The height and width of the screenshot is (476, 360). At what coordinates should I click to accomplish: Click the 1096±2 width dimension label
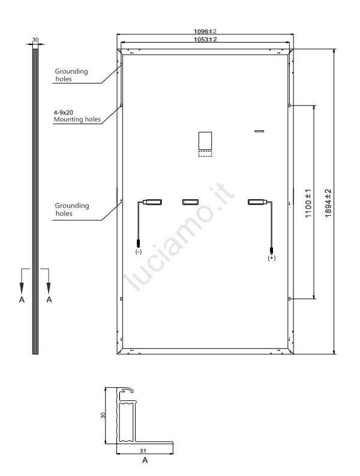tap(205, 31)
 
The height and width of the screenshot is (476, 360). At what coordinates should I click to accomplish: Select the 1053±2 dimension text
tap(205, 39)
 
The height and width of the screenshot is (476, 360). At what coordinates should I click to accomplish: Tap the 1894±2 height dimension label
tap(328, 203)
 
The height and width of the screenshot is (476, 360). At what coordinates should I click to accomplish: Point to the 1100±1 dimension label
tap(308, 203)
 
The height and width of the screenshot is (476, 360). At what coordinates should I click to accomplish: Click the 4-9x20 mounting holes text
tap(77, 116)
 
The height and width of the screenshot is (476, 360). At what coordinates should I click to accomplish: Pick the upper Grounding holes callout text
tap(71, 75)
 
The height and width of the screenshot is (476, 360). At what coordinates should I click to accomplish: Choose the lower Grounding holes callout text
tap(72, 209)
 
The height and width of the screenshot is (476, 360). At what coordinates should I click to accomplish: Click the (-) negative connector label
tap(139, 252)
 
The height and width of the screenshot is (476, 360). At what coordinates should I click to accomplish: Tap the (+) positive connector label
tap(272, 258)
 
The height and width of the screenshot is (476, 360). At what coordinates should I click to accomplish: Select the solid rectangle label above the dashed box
tap(205, 140)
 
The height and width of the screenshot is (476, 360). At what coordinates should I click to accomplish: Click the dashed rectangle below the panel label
tap(205, 153)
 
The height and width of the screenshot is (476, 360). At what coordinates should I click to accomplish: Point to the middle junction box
tap(191, 202)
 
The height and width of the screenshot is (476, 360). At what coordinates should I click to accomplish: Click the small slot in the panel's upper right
tap(259, 131)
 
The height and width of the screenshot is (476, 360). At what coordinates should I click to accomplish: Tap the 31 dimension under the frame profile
tap(143, 451)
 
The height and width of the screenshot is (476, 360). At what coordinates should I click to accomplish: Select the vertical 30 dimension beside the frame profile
tap(103, 415)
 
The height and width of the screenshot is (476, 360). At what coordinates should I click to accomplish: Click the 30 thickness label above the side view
tap(35, 40)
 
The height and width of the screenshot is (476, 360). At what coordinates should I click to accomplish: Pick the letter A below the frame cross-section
tap(145, 460)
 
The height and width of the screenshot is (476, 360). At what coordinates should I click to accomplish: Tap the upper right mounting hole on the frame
tap(290, 105)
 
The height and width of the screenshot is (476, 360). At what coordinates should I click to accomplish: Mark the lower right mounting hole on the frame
tap(290, 299)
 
